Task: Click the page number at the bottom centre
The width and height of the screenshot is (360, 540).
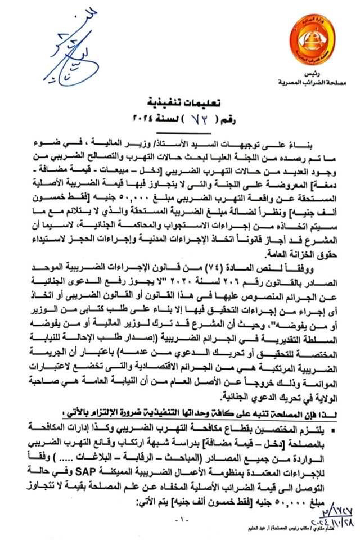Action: [x=179, y=519]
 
